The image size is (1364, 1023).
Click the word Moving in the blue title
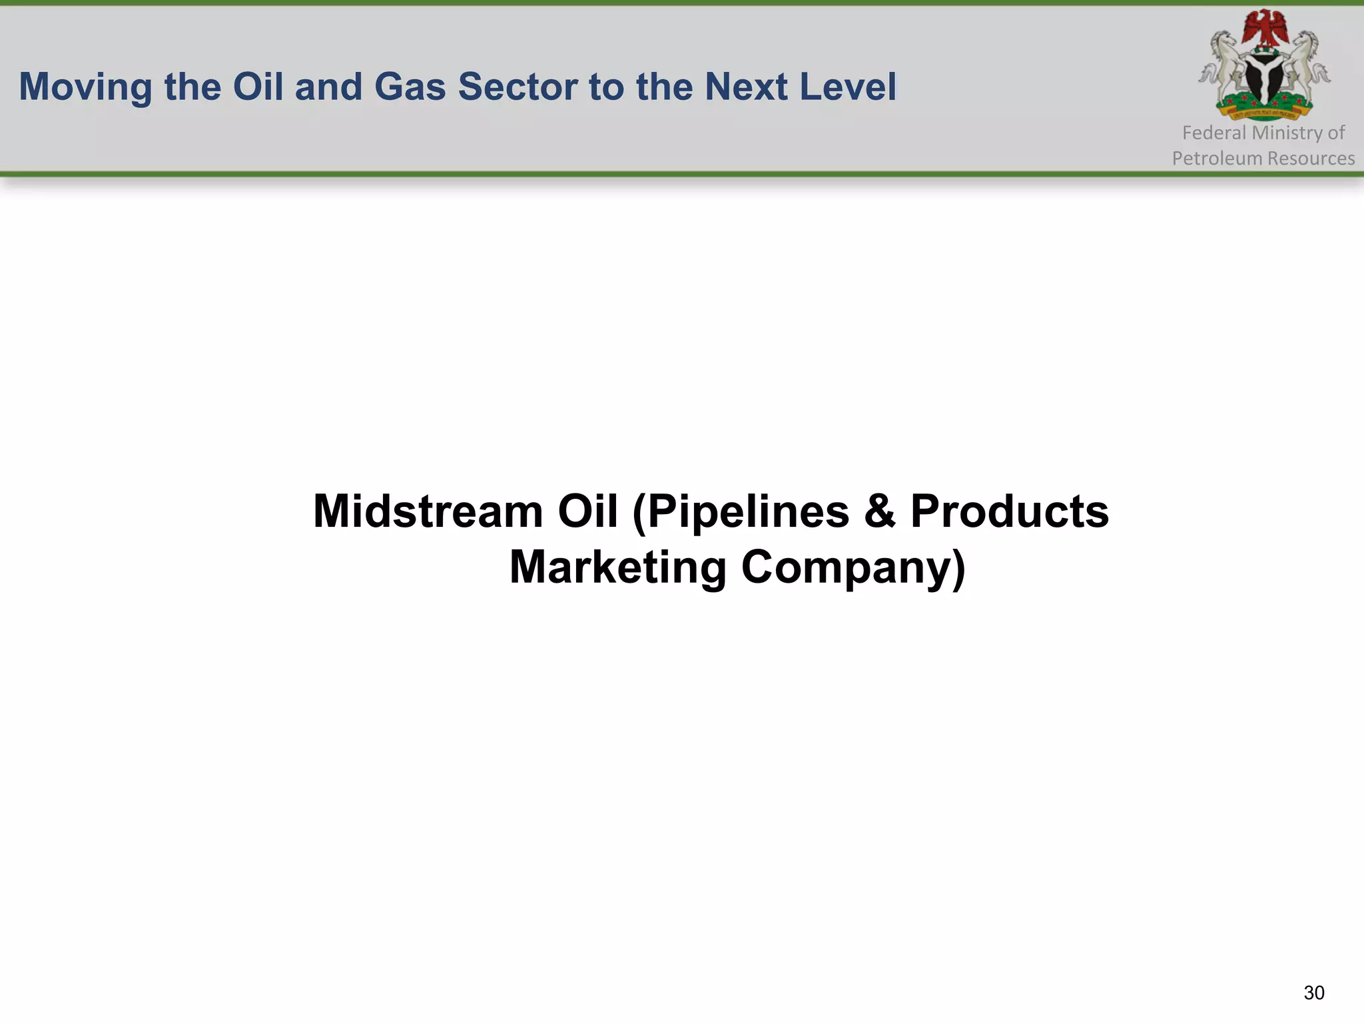[85, 87]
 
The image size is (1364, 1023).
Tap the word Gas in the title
[410, 87]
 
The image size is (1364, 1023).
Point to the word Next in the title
[746, 87]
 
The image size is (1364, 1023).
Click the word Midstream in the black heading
[428, 511]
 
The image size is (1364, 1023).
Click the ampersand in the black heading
[879, 511]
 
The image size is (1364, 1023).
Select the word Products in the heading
[1010, 511]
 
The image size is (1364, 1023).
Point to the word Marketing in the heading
[617, 567]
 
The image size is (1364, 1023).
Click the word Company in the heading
[853, 567]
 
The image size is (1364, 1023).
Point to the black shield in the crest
[1264, 79]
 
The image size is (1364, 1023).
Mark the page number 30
[1314, 993]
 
